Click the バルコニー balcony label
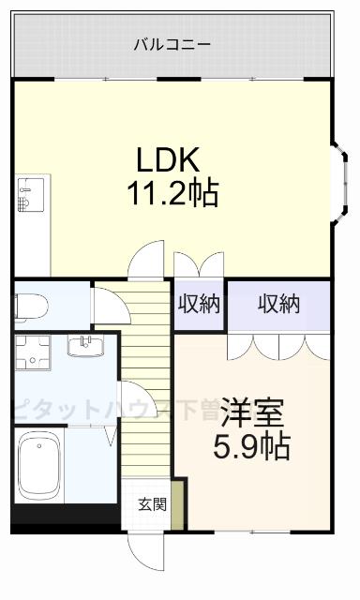coord(172,44)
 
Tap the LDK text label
coord(171,157)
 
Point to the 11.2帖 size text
coord(173,193)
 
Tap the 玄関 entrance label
coord(153,504)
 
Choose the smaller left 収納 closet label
coord(199,304)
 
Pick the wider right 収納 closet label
coord(278,304)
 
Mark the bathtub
coord(38,465)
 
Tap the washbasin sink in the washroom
coord(88,347)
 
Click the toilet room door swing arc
coord(103,304)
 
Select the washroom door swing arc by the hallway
coord(129,398)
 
